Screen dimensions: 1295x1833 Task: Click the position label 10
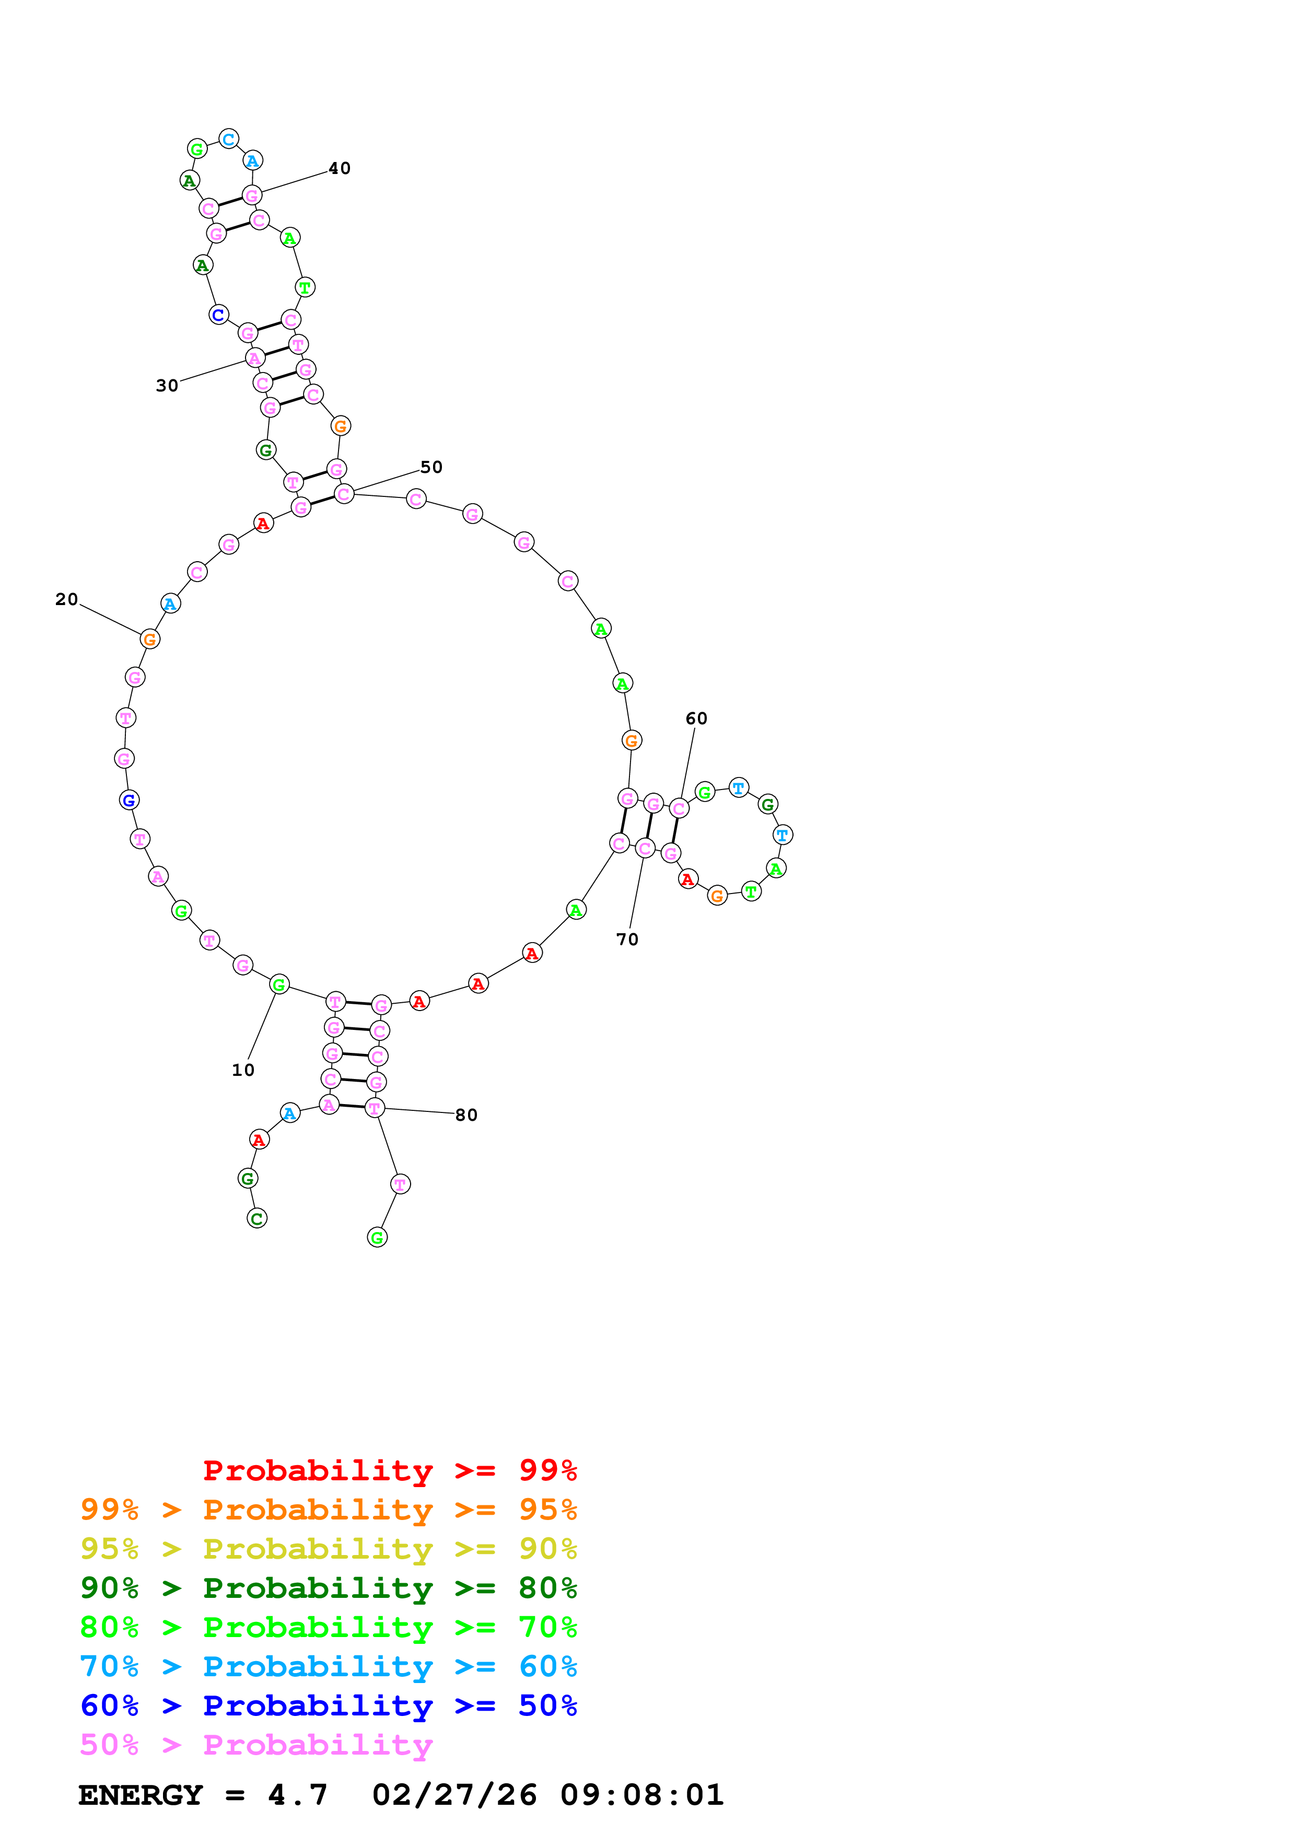coord(242,1070)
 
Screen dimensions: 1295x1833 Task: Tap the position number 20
coord(66,599)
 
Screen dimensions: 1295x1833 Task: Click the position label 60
coord(696,718)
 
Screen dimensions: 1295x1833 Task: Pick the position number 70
coord(627,939)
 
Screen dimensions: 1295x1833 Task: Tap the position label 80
coord(466,1115)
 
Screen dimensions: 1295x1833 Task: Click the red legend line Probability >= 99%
coord(389,1470)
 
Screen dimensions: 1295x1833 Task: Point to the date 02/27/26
coord(454,1795)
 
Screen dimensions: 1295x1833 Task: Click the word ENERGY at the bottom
coord(141,1795)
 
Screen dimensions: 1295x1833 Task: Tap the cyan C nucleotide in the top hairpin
coord(229,139)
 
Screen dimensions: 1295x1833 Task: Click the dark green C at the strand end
coord(257,1219)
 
